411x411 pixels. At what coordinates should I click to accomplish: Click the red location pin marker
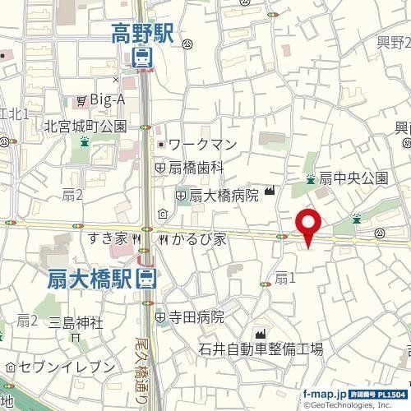tap(308, 224)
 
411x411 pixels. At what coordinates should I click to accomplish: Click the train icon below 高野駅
tap(141, 57)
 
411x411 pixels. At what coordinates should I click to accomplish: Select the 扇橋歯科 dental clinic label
tap(196, 166)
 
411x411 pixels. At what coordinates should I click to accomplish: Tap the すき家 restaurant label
tap(109, 238)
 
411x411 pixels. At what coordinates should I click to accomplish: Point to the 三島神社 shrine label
tap(75, 321)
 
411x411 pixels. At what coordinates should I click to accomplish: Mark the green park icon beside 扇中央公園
tap(310, 178)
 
